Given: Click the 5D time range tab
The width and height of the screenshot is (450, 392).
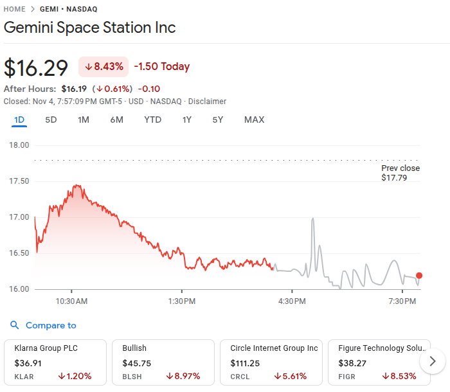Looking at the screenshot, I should coord(51,120).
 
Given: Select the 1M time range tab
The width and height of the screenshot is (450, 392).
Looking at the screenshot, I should coord(84,120).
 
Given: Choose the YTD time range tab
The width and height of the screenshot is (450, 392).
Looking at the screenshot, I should coord(152,120).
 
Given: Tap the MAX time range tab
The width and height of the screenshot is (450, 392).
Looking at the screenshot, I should coord(254,120).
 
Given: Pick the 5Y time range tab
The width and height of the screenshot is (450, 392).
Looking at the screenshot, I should coord(218,120).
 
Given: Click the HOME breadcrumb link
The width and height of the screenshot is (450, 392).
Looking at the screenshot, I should coord(15,9).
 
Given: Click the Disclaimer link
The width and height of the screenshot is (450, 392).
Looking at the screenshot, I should coord(207,102).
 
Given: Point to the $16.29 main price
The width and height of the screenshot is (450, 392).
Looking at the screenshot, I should coord(37,67).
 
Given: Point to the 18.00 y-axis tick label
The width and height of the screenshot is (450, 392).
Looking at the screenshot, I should coord(19,145).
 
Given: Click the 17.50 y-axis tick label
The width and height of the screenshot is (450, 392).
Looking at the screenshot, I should coord(19,181).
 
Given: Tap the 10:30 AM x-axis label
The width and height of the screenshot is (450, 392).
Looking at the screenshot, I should coord(71,301).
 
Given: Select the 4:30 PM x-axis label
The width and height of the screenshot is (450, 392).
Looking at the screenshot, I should coord(291,301).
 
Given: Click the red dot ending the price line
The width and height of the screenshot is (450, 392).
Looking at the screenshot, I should coord(419,276).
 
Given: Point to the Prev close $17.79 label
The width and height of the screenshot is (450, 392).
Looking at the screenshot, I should coord(400,173).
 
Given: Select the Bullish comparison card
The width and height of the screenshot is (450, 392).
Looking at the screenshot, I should coord(162,362).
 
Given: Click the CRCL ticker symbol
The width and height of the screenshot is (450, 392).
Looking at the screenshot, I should coord(240,377).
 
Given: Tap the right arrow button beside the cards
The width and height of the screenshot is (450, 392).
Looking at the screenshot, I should coord(433,361).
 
